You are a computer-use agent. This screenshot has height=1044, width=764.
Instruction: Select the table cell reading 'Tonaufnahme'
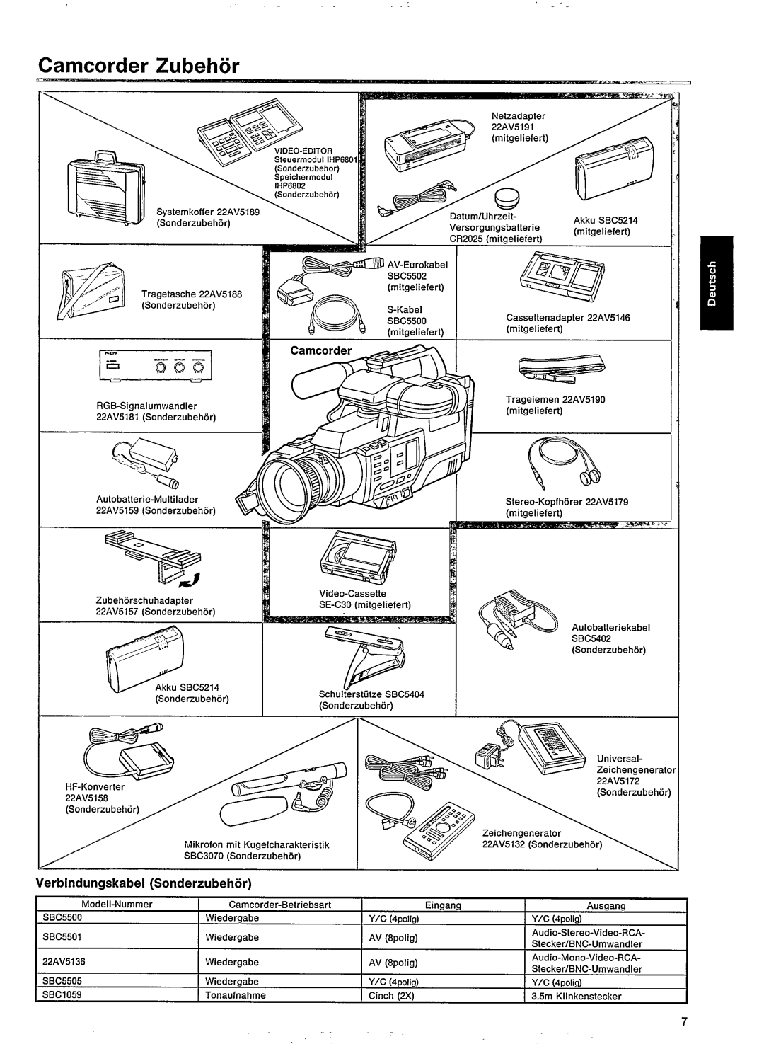click(x=231, y=994)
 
